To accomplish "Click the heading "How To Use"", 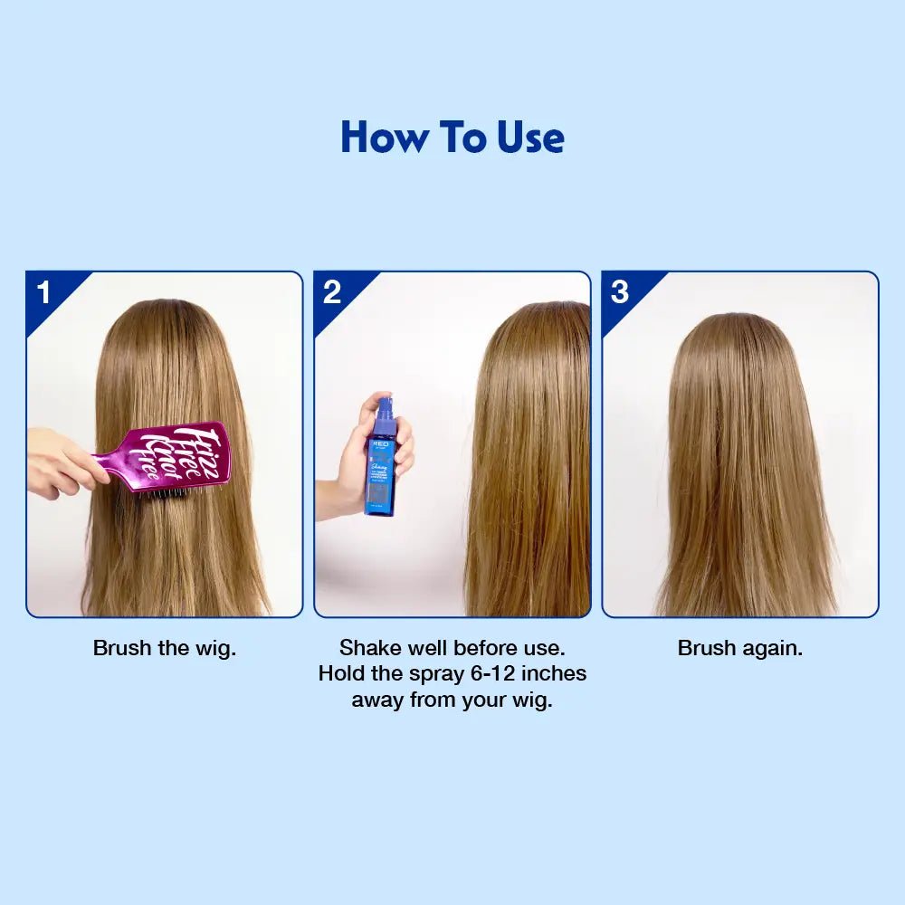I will pyautogui.click(x=452, y=138).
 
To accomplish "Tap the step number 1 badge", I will pyautogui.click(x=44, y=292).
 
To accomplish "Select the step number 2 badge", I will pyautogui.click(x=332, y=292).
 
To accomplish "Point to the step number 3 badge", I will pyautogui.click(x=620, y=292).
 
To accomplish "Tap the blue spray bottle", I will pyautogui.click(x=380, y=462).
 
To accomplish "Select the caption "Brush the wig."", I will pyautogui.click(x=164, y=649).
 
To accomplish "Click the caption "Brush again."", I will pyautogui.click(x=739, y=649).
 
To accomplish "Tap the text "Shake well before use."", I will pyautogui.click(x=452, y=649).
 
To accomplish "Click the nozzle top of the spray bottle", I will pyautogui.click(x=384, y=405).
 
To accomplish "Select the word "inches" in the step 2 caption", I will pyautogui.click(x=553, y=674).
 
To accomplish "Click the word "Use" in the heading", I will pyautogui.click(x=530, y=138).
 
